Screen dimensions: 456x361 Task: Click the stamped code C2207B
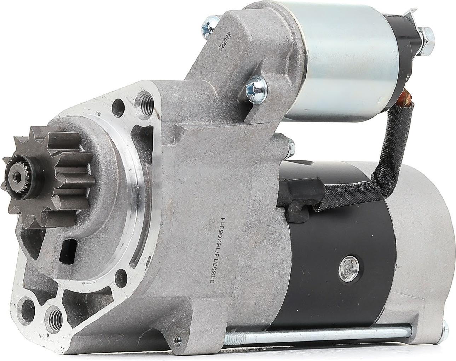tap(223, 42)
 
